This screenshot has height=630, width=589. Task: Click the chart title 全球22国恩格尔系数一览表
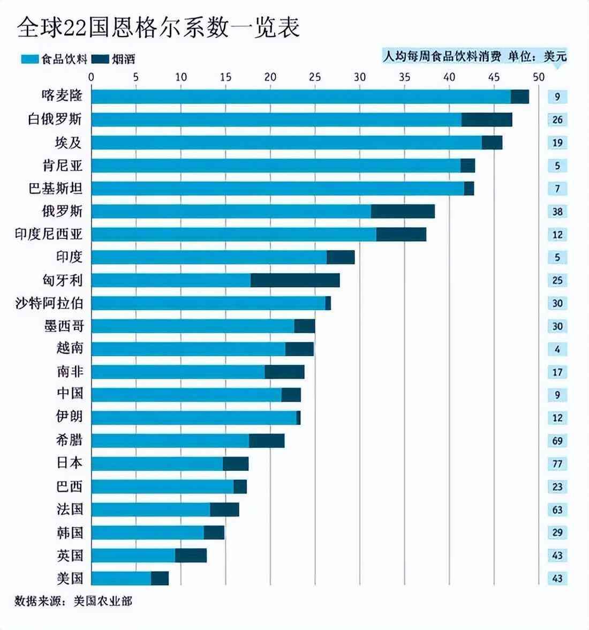[x=158, y=27]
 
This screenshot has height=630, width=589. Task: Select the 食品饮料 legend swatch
[x=29, y=59]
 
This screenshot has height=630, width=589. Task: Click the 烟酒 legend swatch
[x=100, y=59]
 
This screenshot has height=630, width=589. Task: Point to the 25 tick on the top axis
[x=315, y=77]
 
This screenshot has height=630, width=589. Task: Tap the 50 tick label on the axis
[x=538, y=77]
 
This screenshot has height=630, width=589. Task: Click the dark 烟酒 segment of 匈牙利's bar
[x=295, y=280]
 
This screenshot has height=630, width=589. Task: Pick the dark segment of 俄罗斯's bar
[x=403, y=212]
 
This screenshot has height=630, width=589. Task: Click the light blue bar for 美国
[x=121, y=578]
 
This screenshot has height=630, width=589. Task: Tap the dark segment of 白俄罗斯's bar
[x=487, y=119]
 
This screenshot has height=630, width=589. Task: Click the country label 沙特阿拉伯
[x=49, y=303]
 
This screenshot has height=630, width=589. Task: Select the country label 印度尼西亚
[x=49, y=234]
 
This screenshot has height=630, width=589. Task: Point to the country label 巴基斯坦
[x=56, y=189]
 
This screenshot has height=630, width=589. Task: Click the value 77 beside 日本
[x=557, y=464]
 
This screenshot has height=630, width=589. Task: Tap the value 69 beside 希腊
[x=557, y=441]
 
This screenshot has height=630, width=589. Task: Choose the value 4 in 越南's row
[x=557, y=349]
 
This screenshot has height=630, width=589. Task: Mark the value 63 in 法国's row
[x=557, y=509]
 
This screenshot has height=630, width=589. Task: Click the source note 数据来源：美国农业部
[x=73, y=601]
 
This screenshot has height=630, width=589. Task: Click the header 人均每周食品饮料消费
[x=442, y=56]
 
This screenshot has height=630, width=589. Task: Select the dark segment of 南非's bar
[x=284, y=372]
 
